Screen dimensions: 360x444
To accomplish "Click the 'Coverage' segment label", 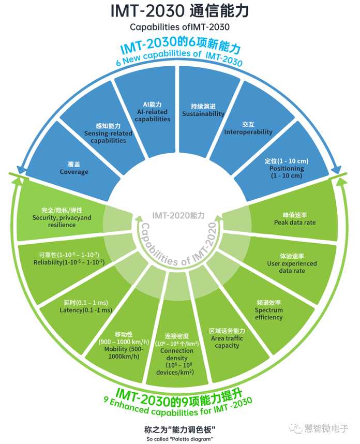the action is pyautogui.click(x=74, y=172).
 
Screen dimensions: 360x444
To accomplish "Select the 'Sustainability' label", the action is pyautogui.click(x=203, y=113).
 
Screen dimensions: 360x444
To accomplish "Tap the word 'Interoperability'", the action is pyautogui.click(x=248, y=131).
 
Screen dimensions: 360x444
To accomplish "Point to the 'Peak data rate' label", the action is pyautogui.click(x=295, y=223).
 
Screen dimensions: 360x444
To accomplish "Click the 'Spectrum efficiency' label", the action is pyautogui.click(x=268, y=314).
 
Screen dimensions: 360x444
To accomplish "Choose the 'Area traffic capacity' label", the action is pyautogui.click(x=227, y=342).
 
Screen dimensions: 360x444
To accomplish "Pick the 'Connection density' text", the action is pyautogui.click(x=176, y=354).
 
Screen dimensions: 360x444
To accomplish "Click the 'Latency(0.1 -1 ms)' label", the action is pyautogui.click(x=86, y=310).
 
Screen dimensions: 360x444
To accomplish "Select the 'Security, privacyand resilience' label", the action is pyautogui.click(x=62, y=221).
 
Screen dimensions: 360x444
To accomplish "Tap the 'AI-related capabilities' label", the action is pyautogui.click(x=153, y=115).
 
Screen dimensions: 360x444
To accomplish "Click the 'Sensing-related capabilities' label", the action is pyautogui.click(x=108, y=137).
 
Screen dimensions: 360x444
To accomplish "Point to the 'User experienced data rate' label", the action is pyautogui.click(x=292, y=267).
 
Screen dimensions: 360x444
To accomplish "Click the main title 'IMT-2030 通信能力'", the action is pyautogui.click(x=179, y=11).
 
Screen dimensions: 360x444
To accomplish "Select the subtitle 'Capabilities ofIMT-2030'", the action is pyautogui.click(x=179, y=27).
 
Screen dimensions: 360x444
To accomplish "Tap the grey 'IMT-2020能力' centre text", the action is pyautogui.click(x=178, y=215).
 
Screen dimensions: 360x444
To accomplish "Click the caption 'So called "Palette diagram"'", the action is pyautogui.click(x=179, y=439).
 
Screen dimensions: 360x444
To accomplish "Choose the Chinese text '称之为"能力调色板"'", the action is pyautogui.click(x=179, y=430).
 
